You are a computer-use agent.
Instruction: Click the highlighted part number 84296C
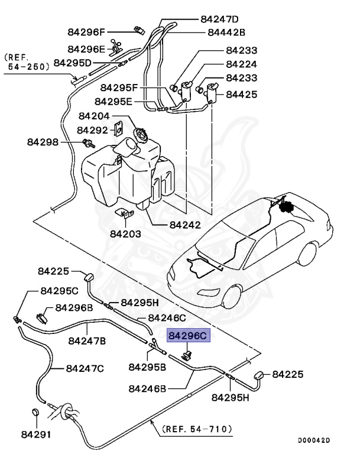point(188,336)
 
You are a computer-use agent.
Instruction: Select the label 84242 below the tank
point(184,225)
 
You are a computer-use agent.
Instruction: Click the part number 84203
point(125,234)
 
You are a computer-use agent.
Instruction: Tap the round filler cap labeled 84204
point(142,135)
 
